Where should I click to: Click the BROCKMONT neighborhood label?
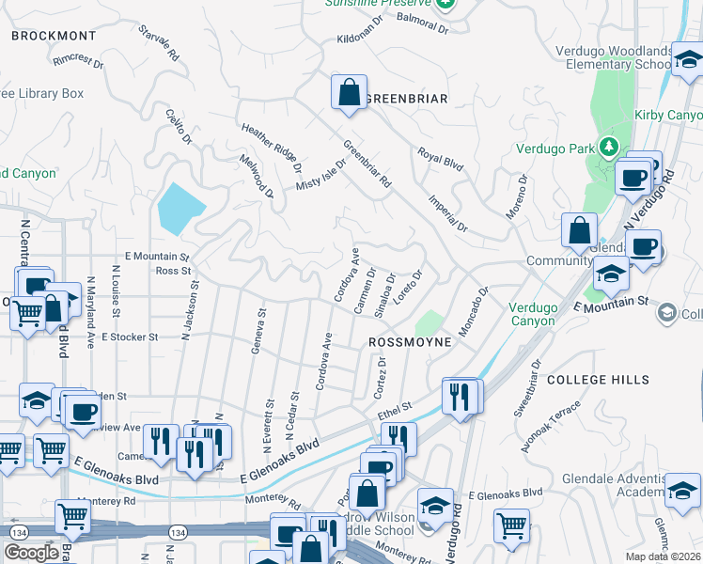[x=54, y=36]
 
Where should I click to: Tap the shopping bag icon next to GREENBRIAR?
[x=349, y=93]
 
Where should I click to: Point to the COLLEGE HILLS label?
[x=598, y=380]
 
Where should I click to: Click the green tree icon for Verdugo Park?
[x=609, y=148]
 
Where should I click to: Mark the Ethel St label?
[x=395, y=410]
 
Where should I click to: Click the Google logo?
[x=30, y=553]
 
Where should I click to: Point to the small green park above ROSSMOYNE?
[x=428, y=322]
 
